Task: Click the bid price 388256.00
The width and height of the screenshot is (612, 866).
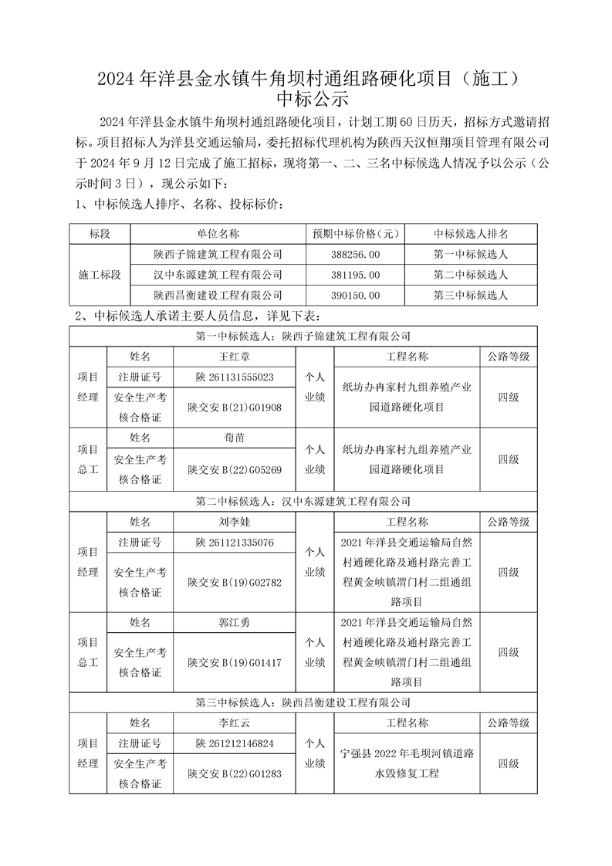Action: (353, 254)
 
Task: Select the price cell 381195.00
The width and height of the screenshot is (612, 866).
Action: (353, 275)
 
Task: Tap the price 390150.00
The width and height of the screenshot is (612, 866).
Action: (353, 296)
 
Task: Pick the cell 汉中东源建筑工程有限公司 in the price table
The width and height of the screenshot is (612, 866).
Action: (218, 275)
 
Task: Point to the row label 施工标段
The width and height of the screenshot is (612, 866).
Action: (100, 275)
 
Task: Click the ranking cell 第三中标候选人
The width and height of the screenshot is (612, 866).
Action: (470, 296)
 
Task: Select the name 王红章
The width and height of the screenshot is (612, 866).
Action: (235, 357)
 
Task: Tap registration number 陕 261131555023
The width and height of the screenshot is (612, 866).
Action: (235, 377)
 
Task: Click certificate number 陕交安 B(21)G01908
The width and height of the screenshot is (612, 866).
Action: (235, 408)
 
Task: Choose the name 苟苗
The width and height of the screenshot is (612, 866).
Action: (235, 438)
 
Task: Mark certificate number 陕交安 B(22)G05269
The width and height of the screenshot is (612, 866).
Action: (235, 469)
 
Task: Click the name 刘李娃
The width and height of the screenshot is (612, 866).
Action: (235, 522)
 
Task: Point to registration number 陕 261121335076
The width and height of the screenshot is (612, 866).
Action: (235, 543)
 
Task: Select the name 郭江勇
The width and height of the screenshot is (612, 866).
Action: (235, 622)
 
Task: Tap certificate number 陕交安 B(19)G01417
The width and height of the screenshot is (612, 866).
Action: (235, 662)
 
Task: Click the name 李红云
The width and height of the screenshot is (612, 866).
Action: (235, 723)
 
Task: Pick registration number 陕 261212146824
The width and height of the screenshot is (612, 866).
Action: (235, 744)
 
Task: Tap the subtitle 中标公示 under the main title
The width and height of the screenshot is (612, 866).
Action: (306, 100)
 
